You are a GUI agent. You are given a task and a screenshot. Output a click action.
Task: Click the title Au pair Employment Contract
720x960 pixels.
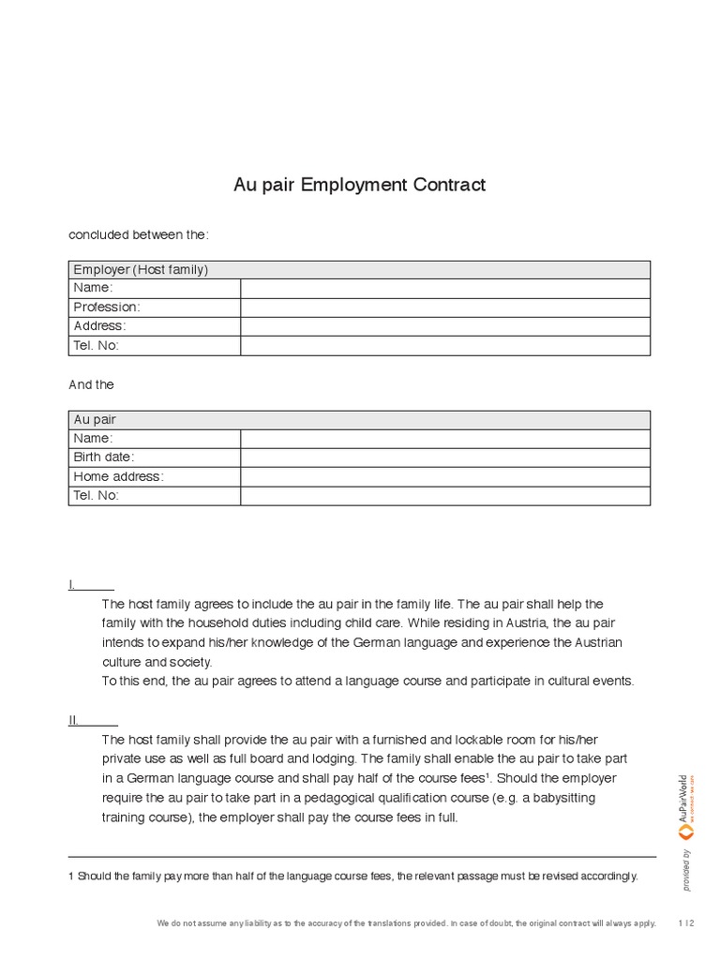(x=359, y=185)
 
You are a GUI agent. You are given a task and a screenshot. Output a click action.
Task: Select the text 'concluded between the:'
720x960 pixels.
(x=132, y=234)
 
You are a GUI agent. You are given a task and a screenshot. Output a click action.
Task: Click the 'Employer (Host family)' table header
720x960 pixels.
(x=141, y=270)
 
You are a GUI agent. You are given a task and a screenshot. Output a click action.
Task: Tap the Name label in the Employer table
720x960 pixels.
(x=93, y=288)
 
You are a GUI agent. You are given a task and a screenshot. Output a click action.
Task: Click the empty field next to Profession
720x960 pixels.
(x=444, y=307)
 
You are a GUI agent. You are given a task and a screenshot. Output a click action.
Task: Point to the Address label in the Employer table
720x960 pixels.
(x=99, y=326)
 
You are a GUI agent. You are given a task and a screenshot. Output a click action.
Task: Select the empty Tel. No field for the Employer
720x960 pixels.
(x=444, y=346)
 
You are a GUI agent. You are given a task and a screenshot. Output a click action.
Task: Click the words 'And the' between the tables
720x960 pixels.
(x=92, y=384)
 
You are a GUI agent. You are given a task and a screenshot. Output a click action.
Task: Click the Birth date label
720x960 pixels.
(x=104, y=457)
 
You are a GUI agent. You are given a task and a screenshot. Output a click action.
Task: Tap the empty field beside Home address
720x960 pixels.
(x=444, y=476)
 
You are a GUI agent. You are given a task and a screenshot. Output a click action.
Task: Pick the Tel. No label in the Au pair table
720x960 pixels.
(x=97, y=496)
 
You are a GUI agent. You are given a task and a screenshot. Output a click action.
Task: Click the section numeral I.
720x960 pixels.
(x=71, y=585)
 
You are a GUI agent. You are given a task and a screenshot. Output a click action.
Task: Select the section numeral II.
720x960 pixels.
(x=73, y=720)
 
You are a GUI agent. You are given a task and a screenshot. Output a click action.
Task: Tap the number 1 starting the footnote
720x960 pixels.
(x=71, y=877)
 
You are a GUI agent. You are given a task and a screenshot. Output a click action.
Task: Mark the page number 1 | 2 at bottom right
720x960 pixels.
(x=686, y=923)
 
